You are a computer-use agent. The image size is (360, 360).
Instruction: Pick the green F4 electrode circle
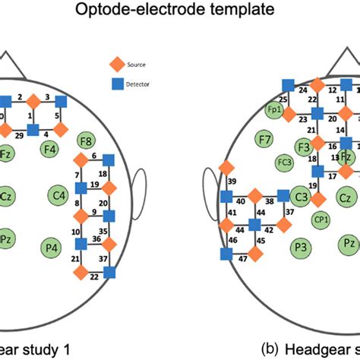pos(50,150)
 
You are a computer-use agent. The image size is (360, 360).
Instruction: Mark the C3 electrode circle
pos(300,197)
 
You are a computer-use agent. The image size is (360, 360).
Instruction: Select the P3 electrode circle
pos(300,247)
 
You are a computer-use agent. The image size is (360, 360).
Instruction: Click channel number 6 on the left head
pos(93,156)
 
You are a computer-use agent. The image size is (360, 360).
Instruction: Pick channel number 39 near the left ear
pos(232,182)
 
